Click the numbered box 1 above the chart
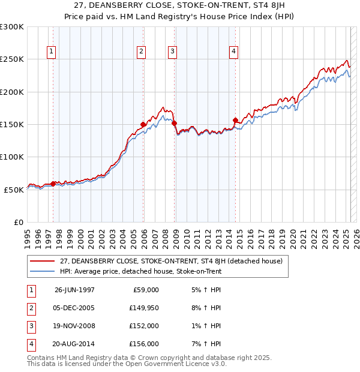click(x=51, y=52)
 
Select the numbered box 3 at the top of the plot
click(x=172, y=52)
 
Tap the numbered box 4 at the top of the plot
click(x=233, y=52)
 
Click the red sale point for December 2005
click(x=143, y=124)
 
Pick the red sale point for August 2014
click(x=235, y=120)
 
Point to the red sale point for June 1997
click(x=53, y=184)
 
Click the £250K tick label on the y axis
click(x=12, y=59)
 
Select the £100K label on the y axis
click(x=12, y=157)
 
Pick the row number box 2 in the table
click(x=30, y=308)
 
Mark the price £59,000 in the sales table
click(x=145, y=290)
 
